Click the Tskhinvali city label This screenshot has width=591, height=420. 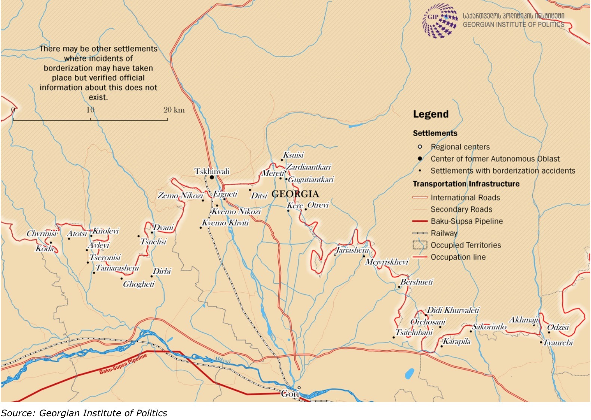pyautogui.click(x=212, y=171)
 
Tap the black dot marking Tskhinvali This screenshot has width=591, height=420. pyautogui.click(x=212, y=177)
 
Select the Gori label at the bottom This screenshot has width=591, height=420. pyautogui.click(x=290, y=394)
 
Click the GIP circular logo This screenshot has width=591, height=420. pyautogui.click(x=440, y=21)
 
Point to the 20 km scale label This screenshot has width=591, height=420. pyautogui.click(x=174, y=110)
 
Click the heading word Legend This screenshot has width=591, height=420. pyautogui.click(x=431, y=114)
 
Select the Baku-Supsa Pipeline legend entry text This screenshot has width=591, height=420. pyautogui.click(x=466, y=221)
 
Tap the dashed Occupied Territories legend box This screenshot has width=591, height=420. pyautogui.click(x=419, y=245)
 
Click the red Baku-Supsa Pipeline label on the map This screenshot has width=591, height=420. pyautogui.click(x=123, y=365)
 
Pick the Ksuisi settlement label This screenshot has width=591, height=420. pyautogui.click(x=293, y=155)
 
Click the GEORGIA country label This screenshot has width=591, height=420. pyautogui.click(x=295, y=194)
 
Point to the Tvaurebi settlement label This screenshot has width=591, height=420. pyautogui.click(x=558, y=343)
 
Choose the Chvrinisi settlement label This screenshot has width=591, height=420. pyautogui.click(x=42, y=234)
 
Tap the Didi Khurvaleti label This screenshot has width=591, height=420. pyautogui.click(x=453, y=310)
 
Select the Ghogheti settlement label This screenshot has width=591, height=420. pyautogui.click(x=139, y=284)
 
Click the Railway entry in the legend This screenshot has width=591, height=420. pyautogui.click(x=444, y=233)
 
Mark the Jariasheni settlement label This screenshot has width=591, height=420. pyautogui.click(x=352, y=250)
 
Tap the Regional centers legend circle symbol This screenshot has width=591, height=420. pyautogui.click(x=420, y=147)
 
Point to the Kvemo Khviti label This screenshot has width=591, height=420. pyautogui.click(x=225, y=223)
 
